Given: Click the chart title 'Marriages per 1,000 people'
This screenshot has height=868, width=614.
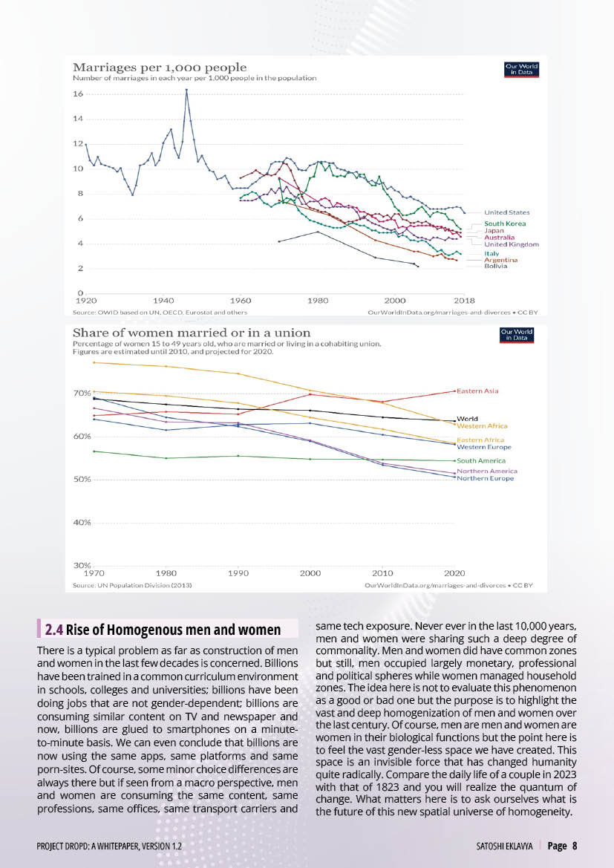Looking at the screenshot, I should point(159,68).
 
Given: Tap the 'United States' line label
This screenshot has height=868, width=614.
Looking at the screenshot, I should point(506,213).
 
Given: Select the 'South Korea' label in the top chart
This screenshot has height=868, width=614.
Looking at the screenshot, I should point(505,223).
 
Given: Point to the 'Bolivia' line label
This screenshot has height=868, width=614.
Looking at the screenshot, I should point(496,266).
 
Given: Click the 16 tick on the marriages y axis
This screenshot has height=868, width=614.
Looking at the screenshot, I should point(77,94).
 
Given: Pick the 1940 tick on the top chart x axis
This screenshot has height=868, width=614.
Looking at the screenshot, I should point(163,300).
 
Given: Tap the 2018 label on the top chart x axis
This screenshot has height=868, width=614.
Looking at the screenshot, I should point(464,300).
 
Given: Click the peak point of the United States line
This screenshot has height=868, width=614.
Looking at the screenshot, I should point(186,90).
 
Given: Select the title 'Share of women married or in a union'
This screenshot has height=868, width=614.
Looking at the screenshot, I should point(192,333).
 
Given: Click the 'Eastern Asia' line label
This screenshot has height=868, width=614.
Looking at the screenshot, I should point(477,391).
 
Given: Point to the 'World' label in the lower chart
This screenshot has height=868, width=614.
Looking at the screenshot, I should point(467,419).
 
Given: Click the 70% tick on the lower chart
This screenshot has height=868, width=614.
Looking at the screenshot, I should point(81,393).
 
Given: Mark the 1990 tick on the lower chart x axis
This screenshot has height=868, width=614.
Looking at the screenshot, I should point(238,573).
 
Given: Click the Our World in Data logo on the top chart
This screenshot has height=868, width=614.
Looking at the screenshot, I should point(520,70).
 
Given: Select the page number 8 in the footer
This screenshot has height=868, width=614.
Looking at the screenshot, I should point(575,846).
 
